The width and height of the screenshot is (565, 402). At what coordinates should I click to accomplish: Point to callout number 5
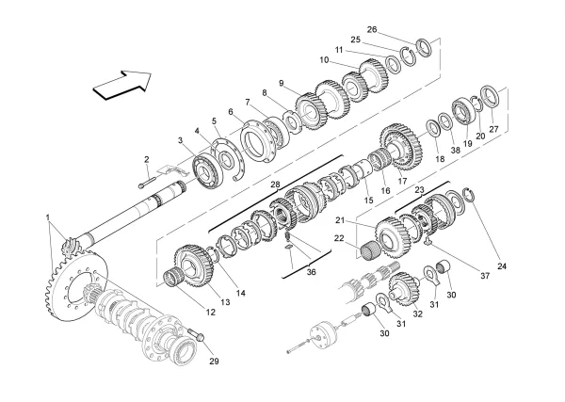tap(214, 121)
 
